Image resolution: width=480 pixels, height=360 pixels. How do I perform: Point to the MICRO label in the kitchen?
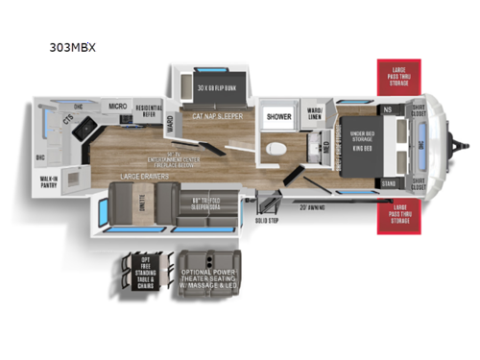point(117,107)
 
